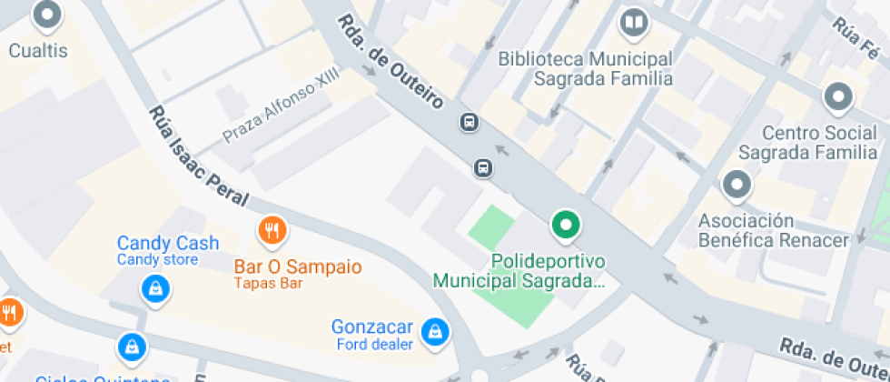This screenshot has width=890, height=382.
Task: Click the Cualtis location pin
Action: [x=46, y=15]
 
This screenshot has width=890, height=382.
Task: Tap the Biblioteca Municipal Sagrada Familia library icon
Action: [x=634, y=23]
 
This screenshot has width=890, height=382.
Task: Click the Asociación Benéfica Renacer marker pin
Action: [x=737, y=186]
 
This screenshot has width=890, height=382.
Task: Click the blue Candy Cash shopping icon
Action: [x=155, y=289]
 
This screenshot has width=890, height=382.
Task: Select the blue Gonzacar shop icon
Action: [x=437, y=330]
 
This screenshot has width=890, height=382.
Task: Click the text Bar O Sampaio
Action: [x=298, y=267]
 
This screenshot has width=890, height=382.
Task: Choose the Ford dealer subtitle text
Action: [x=374, y=344]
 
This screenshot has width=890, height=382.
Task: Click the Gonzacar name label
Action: [x=372, y=327]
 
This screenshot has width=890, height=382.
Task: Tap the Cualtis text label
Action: [x=38, y=50]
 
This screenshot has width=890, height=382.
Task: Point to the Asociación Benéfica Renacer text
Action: [x=773, y=231]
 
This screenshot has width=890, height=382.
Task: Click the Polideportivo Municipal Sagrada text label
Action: [x=519, y=271]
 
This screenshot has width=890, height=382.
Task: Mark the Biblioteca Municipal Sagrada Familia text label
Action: [x=586, y=68]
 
